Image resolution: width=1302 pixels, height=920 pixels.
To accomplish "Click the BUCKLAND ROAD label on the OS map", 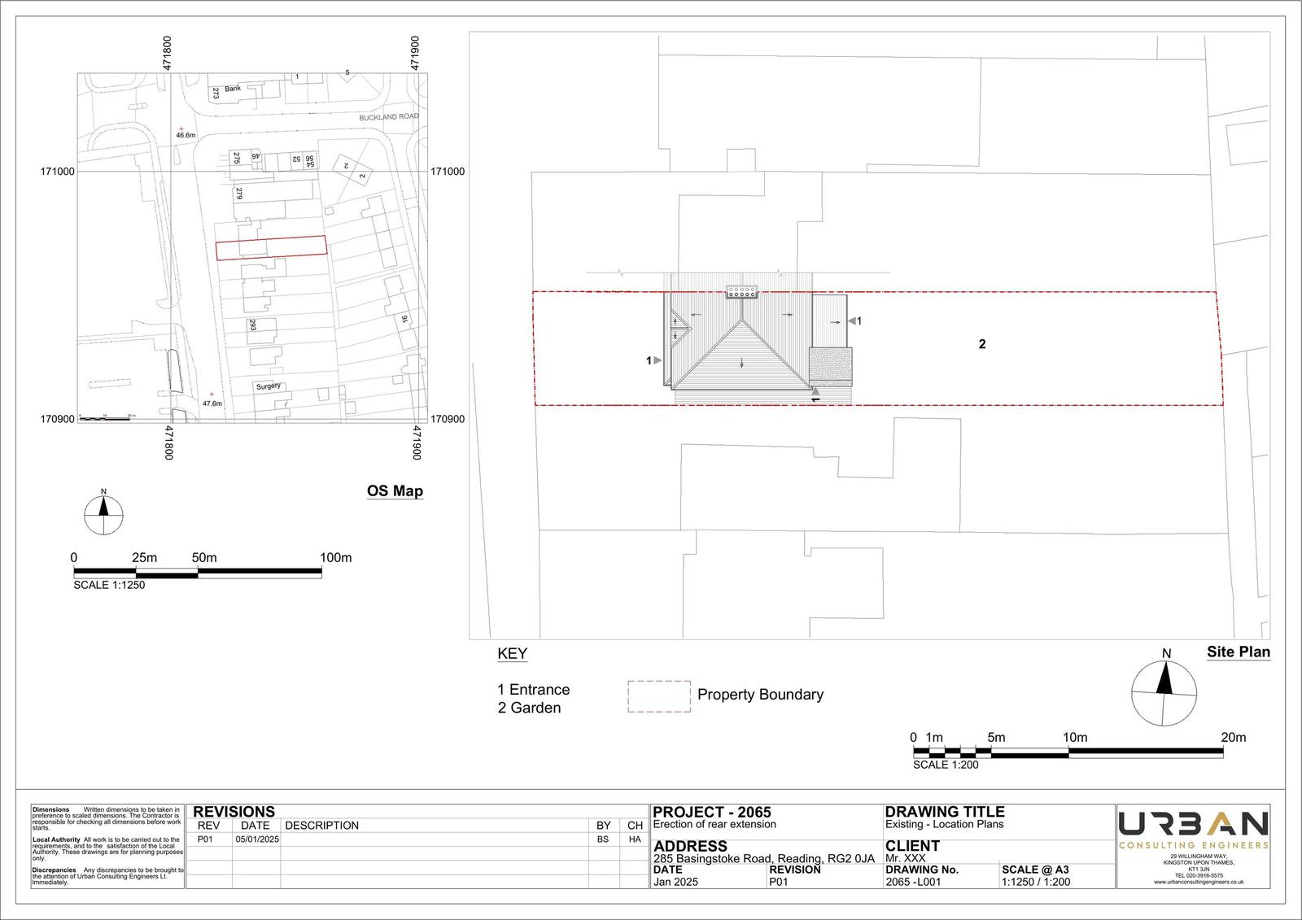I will [x=389, y=117].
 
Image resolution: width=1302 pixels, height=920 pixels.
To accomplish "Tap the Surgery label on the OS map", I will [x=269, y=386].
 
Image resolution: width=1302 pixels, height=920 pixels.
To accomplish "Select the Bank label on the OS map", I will [x=234, y=88].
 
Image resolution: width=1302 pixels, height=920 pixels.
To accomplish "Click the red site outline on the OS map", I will [x=271, y=247].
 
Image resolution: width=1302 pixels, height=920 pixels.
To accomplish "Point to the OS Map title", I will [x=395, y=491].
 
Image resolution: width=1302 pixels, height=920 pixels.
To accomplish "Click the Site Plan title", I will [x=1238, y=652].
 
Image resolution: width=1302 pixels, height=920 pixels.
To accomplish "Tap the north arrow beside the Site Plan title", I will [x=1164, y=691].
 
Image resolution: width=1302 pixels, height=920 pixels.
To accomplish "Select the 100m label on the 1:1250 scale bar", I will [x=335, y=558].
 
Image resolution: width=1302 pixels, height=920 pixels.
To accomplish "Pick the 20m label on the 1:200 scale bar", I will [x=1233, y=738].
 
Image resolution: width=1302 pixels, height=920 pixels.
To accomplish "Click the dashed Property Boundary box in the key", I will [x=658, y=696].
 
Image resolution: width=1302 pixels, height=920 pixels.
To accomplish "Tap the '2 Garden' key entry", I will [x=529, y=708].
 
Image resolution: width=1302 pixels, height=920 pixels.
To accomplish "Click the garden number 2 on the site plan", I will [x=982, y=344].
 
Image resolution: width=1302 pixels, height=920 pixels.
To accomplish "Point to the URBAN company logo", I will [x=1193, y=825].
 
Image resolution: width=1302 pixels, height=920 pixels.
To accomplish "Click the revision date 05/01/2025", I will [x=257, y=839].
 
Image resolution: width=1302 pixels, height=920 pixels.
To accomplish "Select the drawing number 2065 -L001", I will [x=913, y=882].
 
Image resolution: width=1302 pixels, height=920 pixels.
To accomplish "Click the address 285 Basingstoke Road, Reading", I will [x=763, y=859].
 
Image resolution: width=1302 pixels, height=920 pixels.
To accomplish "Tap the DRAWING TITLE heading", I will [x=944, y=812].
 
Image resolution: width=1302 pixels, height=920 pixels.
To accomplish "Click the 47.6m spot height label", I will [x=212, y=403].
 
